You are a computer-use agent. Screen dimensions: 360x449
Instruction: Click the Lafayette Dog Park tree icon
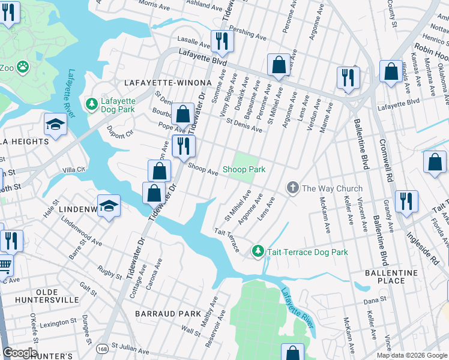[x=92, y=104]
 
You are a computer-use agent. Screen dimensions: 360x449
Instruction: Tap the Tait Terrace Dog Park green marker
[x=258, y=251]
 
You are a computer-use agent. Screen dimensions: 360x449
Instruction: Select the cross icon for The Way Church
[x=292, y=188]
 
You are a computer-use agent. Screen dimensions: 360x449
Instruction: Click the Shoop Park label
[x=244, y=170]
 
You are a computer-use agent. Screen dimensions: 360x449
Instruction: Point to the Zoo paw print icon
[x=23, y=66]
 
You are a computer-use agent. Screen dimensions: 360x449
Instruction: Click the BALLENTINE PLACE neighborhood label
[x=391, y=277]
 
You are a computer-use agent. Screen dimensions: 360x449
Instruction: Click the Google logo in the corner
[x=20, y=353]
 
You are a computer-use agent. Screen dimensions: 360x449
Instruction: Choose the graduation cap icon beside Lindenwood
[x=109, y=206]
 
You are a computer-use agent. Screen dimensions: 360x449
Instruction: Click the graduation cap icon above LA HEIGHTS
[x=55, y=124]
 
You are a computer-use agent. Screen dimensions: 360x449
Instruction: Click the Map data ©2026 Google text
[x=412, y=355]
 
